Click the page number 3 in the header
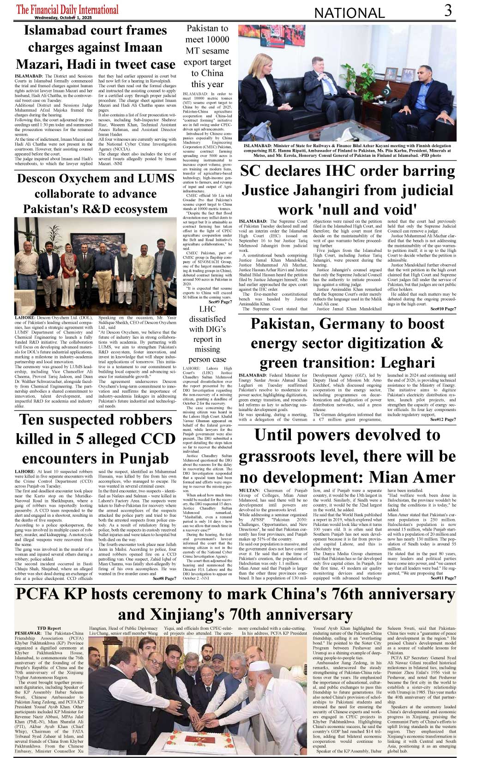(x=447, y=11)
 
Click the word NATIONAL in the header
(x=349, y=13)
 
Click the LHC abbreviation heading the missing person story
(x=207, y=309)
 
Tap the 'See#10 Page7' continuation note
(x=443, y=309)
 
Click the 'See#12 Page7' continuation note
(x=443, y=419)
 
